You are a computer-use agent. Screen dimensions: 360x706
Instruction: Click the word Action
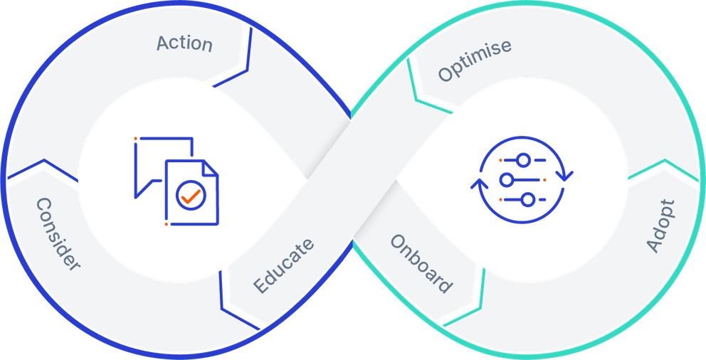pos(184,43)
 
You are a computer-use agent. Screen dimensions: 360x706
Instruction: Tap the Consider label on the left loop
pos(58,234)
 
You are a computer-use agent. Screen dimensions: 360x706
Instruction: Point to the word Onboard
pos(421,263)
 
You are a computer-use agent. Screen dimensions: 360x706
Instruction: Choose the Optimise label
pos(474,60)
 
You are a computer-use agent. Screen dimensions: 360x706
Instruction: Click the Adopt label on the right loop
pos(660,226)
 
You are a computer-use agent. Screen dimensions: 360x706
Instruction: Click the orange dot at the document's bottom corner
pos(166,224)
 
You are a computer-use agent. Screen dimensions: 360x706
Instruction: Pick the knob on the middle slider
pos(507,179)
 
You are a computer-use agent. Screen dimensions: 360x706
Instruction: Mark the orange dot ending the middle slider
pos(544,180)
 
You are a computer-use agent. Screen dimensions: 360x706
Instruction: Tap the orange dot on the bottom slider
pos(500,200)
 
